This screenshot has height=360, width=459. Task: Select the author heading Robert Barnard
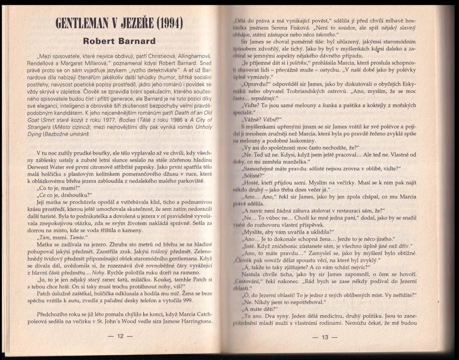click(119, 41)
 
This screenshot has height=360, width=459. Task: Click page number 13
click(325, 337)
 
